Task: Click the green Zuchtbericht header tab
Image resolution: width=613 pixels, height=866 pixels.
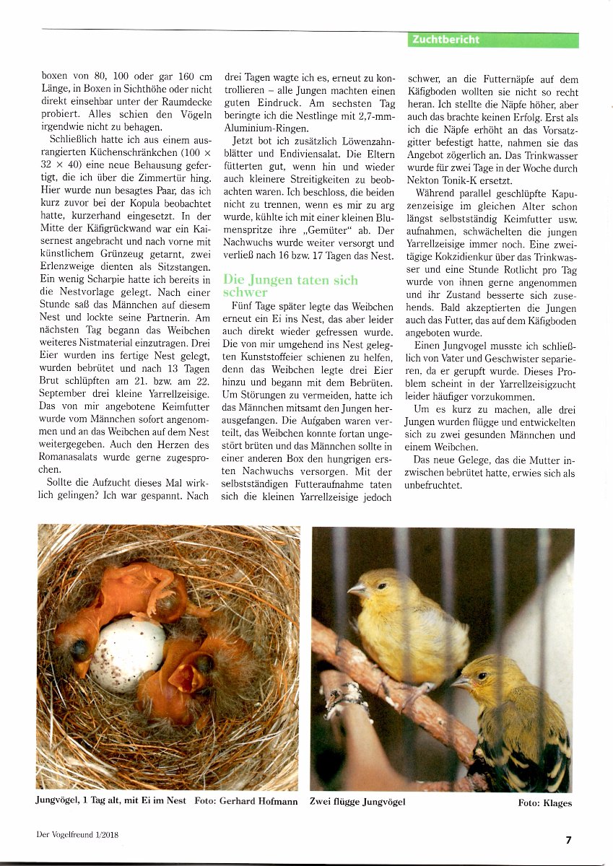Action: point(492,40)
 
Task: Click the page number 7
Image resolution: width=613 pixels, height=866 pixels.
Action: point(568,839)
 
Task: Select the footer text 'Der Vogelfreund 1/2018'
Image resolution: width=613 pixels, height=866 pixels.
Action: point(77,835)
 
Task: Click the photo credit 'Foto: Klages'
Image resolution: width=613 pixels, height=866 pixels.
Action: point(544,803)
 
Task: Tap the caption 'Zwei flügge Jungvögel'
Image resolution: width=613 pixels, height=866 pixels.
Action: point(357,801)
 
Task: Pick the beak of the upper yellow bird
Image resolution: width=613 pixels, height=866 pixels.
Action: point(355,590)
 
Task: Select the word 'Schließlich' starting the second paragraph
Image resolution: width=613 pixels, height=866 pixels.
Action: point(76,139)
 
